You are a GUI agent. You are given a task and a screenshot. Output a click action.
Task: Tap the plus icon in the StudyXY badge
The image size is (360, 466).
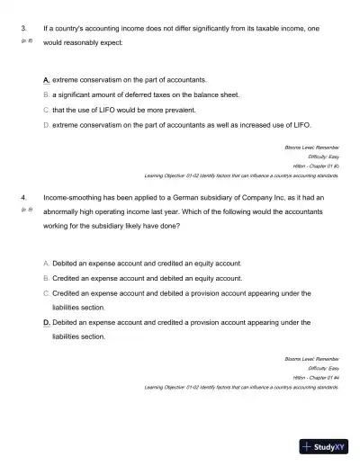(x=308, y=445)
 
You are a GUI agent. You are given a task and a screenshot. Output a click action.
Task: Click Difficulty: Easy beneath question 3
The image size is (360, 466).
(x=322, y=157)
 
